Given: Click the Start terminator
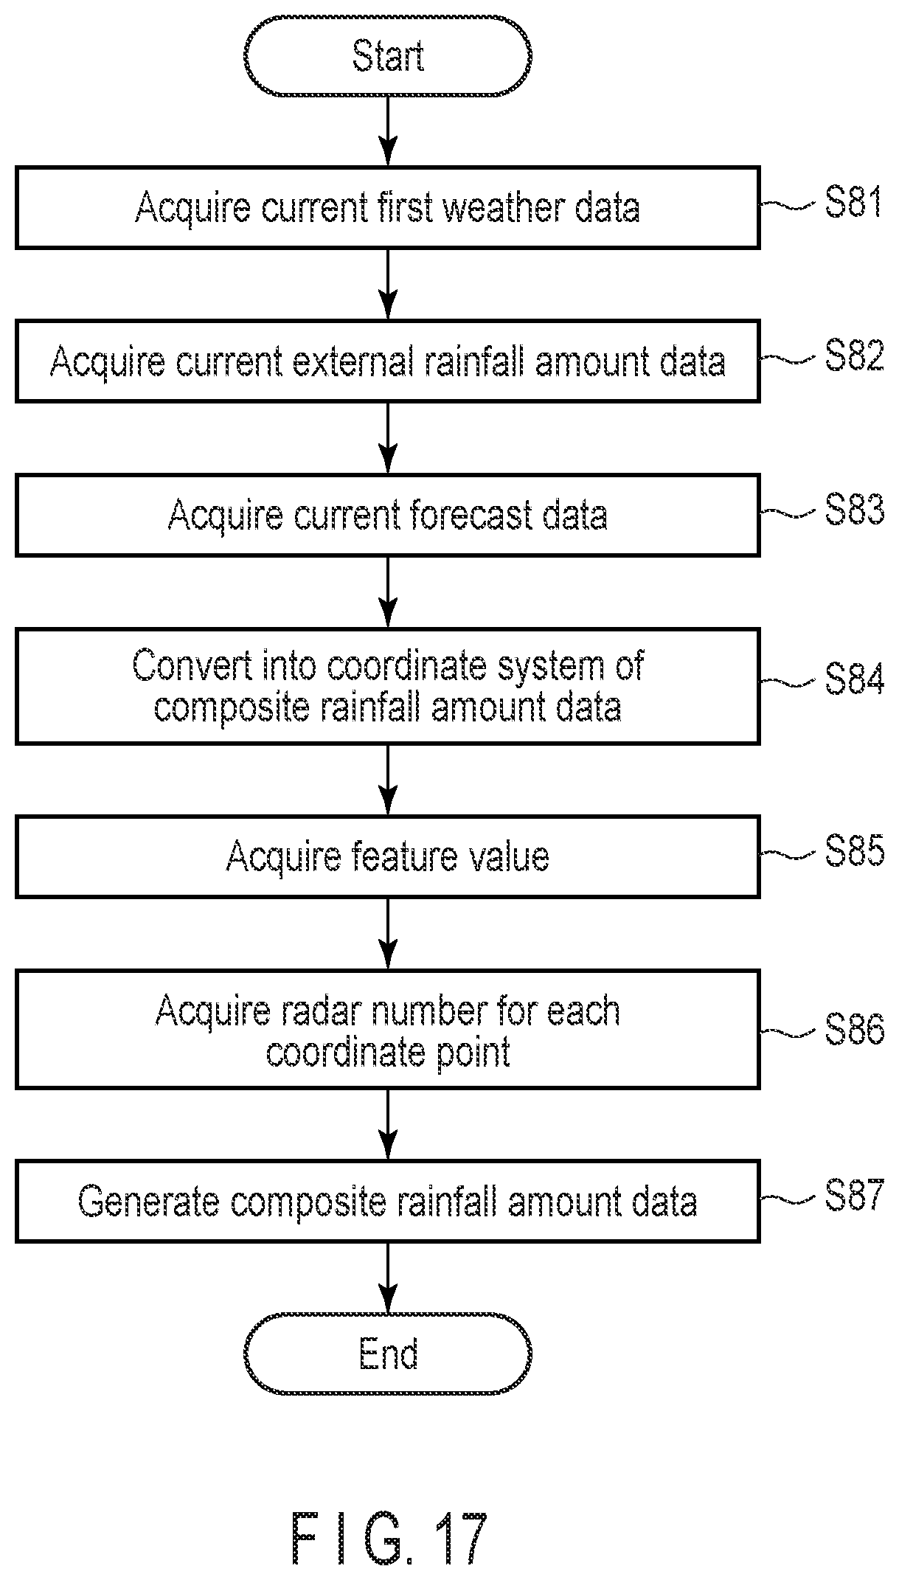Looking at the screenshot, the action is pos(387,56).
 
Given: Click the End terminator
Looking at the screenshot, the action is pos(387,1354).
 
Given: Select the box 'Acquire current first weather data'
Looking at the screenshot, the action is pos(387,207).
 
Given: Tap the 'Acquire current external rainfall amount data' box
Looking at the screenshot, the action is pos(387,361).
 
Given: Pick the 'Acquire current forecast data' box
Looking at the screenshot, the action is pos(387,514).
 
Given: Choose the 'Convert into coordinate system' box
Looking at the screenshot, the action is pos(387,686).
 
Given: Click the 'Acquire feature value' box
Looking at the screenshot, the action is pos(387,856).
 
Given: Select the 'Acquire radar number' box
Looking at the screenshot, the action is pos(387,1030).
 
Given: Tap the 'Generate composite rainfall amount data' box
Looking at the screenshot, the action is pos(387,1201).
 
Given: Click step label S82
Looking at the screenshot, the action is pos(854,356).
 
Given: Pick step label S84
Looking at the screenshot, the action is pos(854,679).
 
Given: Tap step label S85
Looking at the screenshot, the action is pos(854,851).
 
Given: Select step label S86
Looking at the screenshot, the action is pos(854,1028).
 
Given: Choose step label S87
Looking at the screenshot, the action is pos(853,1195).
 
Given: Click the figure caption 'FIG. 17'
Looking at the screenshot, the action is pos(389,1539).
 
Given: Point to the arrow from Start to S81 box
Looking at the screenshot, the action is pos(387,131).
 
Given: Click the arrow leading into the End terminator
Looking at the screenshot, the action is pos(387,1278).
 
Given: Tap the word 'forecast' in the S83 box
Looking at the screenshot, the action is pos(471,514).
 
